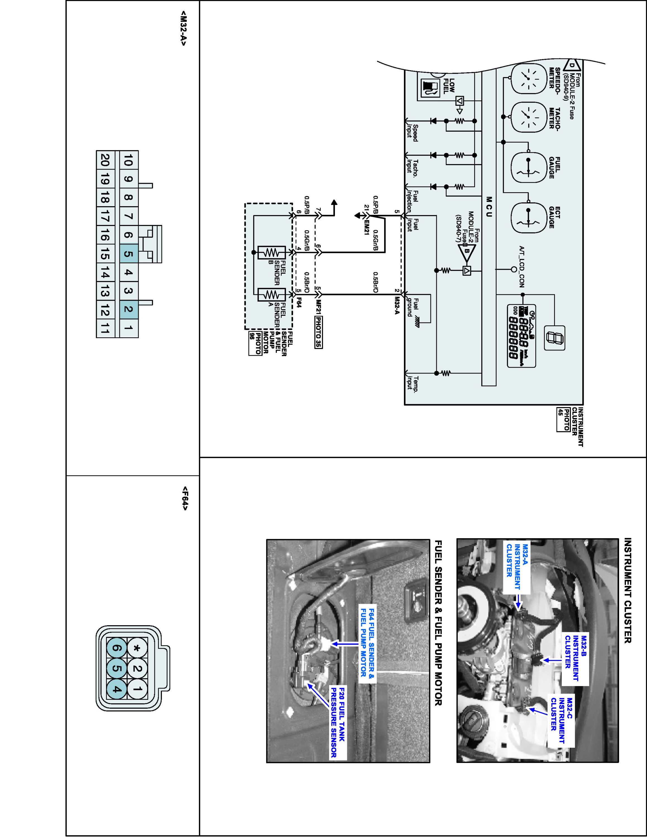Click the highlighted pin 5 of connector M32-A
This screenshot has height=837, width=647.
tap(129, 254)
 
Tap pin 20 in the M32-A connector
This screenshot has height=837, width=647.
tap(105, 160)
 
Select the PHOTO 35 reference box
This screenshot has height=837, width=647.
tap(318, 332)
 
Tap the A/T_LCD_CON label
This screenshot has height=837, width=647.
tap(522, 267)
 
